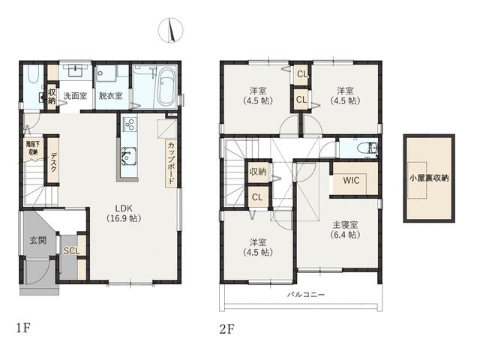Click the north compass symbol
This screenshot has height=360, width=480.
(x=170, y=30)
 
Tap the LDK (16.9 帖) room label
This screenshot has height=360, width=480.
(x=124, y=213)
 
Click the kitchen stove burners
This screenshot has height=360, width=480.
(x=129, y=124)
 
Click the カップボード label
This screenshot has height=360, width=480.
(x=171, y=163)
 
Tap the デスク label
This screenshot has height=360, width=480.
(x=53, y=162)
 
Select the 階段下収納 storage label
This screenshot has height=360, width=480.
(x=33, y=148)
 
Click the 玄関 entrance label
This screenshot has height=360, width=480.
(x=38, y=240)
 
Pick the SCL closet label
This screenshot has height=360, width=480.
(x=72, y=251)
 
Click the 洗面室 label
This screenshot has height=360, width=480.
(x=75, y=96)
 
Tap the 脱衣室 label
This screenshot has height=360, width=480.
(x=110, y=96)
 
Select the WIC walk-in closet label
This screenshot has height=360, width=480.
(x=351, y=180)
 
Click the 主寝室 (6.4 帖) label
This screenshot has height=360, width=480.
(x=345, y=230)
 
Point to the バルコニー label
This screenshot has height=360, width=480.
(x=306, y=295)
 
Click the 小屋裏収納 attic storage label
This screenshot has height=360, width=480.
(x=429, y=178)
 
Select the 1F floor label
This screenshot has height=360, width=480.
(x=23, y=328)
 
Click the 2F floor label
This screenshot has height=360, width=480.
(x=226, y=329)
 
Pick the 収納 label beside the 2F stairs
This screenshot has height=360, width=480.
(x=258, y=172)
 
